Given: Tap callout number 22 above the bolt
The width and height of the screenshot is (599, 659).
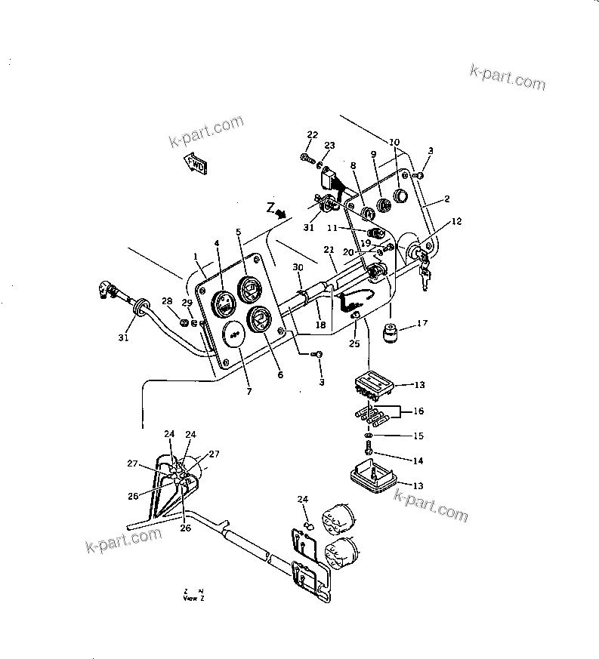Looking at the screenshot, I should pyautogui.click(x=312, y=134).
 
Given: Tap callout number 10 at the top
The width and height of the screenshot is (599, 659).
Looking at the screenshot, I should pyautogui.click(x=394, y=142).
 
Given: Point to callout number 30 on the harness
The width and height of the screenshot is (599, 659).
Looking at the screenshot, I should pyautogui.click(x=297, y=268).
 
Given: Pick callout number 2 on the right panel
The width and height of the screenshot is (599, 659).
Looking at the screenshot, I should pyautogui.click(x=447, y=199).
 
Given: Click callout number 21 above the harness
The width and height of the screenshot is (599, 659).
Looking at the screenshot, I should pyautogui.click(x=329, y=250).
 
